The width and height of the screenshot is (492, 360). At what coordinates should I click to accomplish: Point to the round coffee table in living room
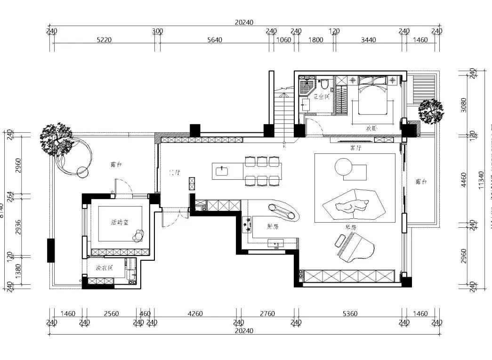tap(343, 167)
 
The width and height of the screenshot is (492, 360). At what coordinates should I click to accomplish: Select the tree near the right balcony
tap(430, 111)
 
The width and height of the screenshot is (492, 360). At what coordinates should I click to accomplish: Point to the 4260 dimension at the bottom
tap(195, 313)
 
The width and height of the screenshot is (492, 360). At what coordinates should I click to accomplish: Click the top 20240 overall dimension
tap(244, 22)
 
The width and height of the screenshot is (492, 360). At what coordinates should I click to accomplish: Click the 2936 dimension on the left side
tap(18, 228)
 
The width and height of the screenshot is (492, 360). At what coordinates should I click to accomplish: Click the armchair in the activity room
tap(139, 235)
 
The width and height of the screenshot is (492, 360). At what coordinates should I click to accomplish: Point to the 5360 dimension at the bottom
tap(350, 313)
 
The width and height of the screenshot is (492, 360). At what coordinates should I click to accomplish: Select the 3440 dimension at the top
tap(368, 40)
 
